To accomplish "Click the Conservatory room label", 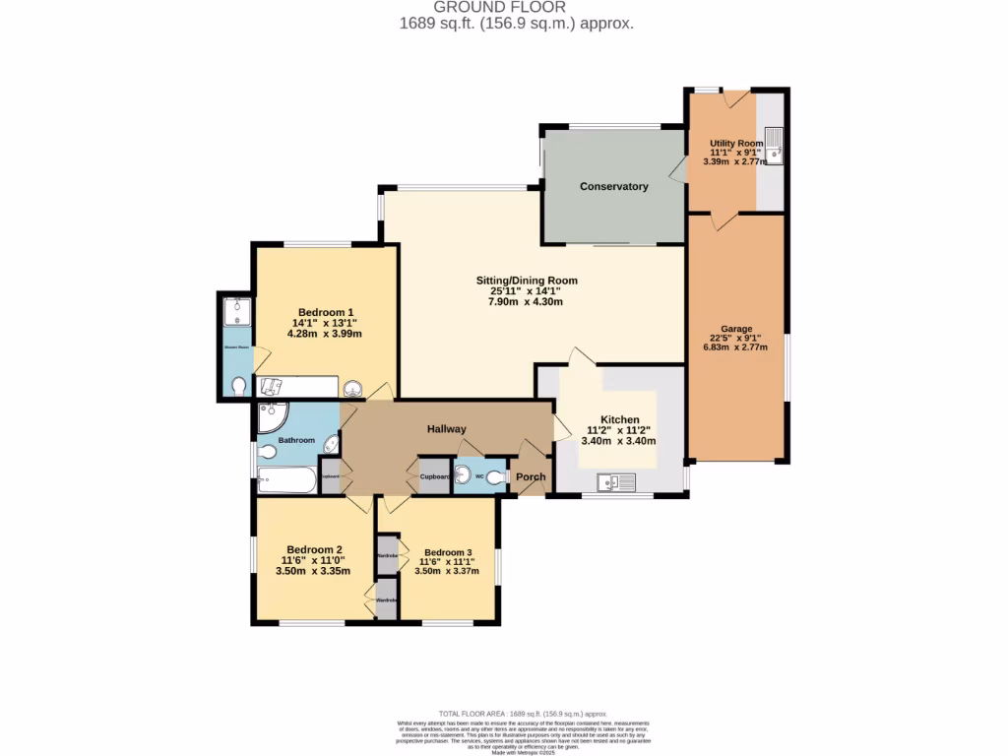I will pos(613,186).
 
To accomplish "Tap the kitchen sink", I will pos(616,481).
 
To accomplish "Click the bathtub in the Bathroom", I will pos(286,480).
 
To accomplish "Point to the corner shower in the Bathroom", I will pos(270,417).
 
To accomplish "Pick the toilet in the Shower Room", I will pos(236,386).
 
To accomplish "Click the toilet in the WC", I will pos(496,477).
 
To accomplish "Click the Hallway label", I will pos(446,429).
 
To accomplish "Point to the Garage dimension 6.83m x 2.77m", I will pos(736,347).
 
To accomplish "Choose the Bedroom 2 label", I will pos(314,550).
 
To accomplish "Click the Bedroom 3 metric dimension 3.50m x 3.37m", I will pos(447,571).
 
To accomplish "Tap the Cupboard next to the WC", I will pos(434,476).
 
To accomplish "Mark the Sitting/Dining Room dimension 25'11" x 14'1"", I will pos(526,290).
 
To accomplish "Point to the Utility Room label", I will pos(736,144).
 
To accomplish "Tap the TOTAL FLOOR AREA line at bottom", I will pos(522,713).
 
